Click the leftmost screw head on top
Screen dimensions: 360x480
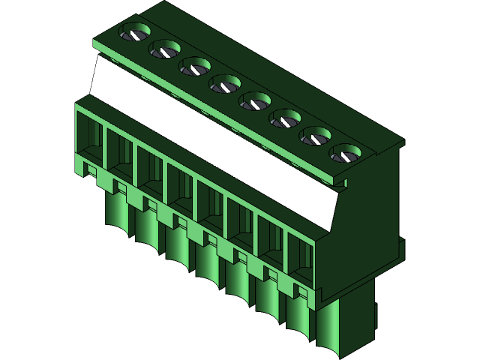135,33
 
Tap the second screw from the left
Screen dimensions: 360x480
163,50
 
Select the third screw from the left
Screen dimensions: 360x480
194,67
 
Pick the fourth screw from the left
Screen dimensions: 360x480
224,85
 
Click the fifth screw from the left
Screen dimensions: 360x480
255,101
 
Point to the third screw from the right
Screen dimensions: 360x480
285,118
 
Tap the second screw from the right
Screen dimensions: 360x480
316,136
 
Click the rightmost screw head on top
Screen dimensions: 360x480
346,154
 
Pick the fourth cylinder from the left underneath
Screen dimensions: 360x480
208,262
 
